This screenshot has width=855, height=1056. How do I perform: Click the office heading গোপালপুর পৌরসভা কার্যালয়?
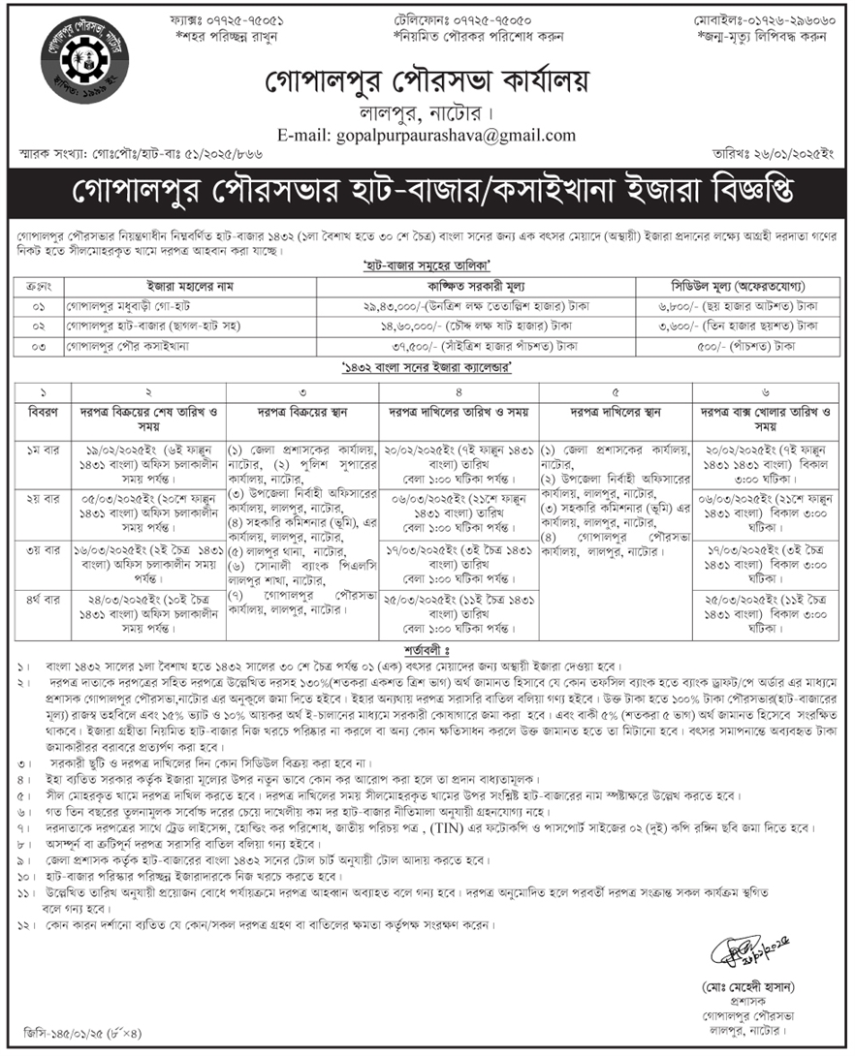[x=427, y=80]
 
